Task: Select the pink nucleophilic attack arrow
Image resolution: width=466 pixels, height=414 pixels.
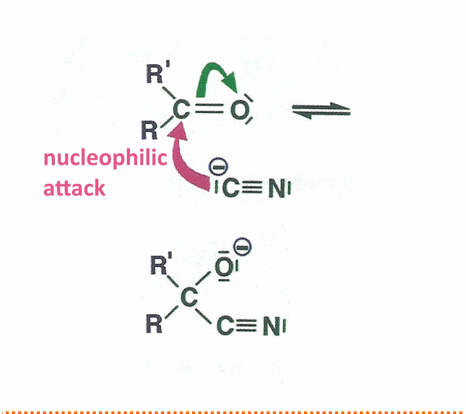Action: coord(182,166)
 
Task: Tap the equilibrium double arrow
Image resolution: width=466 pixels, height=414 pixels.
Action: coord(321,110)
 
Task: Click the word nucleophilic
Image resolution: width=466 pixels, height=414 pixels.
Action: coord(105,158)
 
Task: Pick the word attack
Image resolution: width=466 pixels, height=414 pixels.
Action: coord(74,188)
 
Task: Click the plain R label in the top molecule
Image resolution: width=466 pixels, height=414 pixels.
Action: coord(149,130)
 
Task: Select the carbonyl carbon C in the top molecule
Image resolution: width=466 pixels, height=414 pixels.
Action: coord(181,110)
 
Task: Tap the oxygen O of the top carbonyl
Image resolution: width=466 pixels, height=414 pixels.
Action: coord(239,110)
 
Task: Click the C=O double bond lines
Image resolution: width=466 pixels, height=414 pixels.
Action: coord(209,109)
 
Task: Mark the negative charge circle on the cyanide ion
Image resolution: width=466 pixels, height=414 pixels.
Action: coord(219,167)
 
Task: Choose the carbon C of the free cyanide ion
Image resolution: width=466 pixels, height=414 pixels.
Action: coord(230,188)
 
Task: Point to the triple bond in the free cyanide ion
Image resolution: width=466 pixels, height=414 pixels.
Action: coord(252,188)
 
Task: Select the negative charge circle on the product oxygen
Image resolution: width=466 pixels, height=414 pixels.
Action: coord(242,246)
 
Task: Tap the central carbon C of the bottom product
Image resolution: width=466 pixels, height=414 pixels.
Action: coord(188,297)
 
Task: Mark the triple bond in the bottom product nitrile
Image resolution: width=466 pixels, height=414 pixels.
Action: coord(246,325)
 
